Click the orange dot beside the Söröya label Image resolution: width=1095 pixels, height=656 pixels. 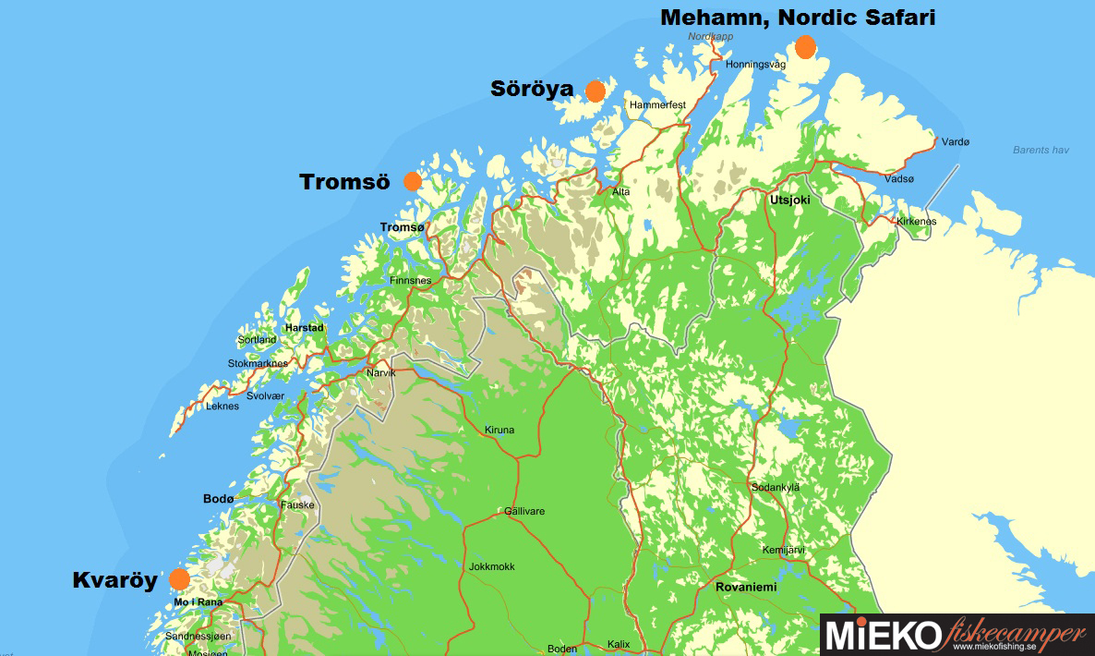pyautogui.click(x=595, y=91)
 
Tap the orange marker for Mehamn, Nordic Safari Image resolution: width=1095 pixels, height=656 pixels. pyautogui.click(x=805, y=46)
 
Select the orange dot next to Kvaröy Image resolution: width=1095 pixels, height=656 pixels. pyautogui.click(x=179, y=579)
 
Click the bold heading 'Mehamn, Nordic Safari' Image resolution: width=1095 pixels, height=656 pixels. pyautogui.click(x=798, y=18)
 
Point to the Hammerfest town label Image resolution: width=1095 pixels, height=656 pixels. pyautogui.click(x=657, y=105)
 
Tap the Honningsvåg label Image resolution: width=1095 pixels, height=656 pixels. pyautogui.click(x=755, y=66)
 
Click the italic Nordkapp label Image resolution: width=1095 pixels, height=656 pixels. pyautogui.click(x=709, y=37)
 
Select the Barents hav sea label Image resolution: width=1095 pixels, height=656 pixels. pyautogui.click(x=1041, y=150)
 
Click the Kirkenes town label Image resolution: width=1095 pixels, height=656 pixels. pyautogui.click(x=915, y=222)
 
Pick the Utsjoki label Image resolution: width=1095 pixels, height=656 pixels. pyautogui.click(x=788, y=199)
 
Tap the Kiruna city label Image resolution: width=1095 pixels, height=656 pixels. pyautogui.click(x=499, y=430)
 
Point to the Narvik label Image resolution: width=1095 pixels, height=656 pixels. pyautogui.click(x=381, y=372)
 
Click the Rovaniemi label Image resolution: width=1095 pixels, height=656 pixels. pyautogui.click(x=746, y=587)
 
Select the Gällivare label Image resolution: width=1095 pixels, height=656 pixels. pyautogui.click(x=523, y=511)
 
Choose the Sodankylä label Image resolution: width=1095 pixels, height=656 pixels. pyautogui.click(x=776, y=487)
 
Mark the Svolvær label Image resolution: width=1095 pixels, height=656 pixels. pyautogui.click(x=266, y=395)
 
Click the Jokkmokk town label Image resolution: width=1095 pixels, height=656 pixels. pyautogui.click(x=492, y=566)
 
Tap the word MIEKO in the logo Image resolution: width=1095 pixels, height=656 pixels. pyautogui.click(x=882, y=637)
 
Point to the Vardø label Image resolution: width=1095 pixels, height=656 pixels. pyautogui.click(x=955, y=142)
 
